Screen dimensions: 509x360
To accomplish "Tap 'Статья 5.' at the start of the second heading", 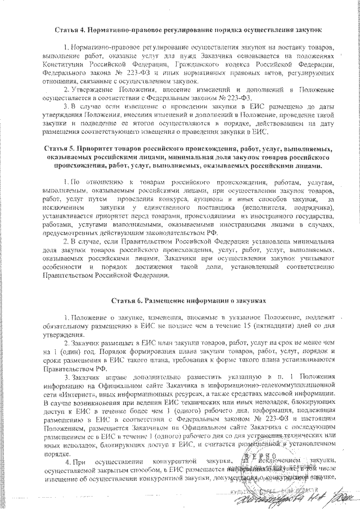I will point(60,149).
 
